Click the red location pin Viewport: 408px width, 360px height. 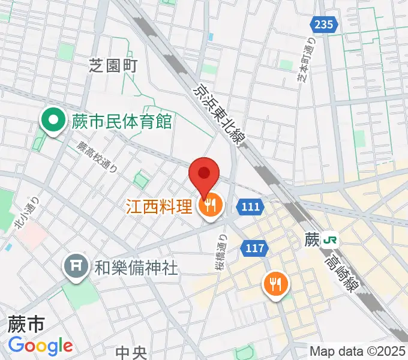(x=204, y=174)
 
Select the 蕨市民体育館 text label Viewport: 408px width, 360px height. (x=122, y=122)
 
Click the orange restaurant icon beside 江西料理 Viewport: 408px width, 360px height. (x=210, y=207)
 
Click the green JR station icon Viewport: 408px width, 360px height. (x=329, y=240)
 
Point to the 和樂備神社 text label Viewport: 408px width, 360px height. (x=136, y=268)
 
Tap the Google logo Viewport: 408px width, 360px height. (x=40, y=346)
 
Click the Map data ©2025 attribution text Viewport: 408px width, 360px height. (x=358, y=351)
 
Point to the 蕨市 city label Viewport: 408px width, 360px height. (x=26, y=325)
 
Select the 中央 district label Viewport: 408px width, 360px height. (x=131, y=352)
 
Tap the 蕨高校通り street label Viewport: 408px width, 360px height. (x=97, y=157)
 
